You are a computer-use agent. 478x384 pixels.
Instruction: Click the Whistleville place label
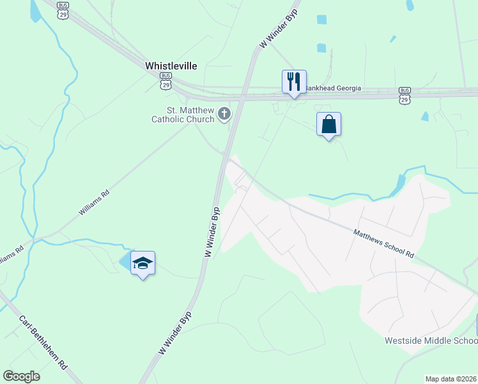171,66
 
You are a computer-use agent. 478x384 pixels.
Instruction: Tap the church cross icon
224,114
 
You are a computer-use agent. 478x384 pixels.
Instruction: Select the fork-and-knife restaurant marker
294,82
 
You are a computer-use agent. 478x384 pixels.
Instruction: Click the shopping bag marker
328,124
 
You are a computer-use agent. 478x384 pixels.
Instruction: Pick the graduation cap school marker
143,263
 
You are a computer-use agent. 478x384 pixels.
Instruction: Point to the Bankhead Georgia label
332,88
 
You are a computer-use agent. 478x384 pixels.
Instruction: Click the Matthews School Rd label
383,243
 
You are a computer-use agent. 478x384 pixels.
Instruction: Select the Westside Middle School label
431,340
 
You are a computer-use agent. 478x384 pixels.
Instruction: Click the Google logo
22,376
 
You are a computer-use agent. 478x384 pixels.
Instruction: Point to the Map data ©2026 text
451,379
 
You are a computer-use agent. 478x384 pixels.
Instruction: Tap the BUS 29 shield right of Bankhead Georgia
405,95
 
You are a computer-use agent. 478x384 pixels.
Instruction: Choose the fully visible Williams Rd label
94,202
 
